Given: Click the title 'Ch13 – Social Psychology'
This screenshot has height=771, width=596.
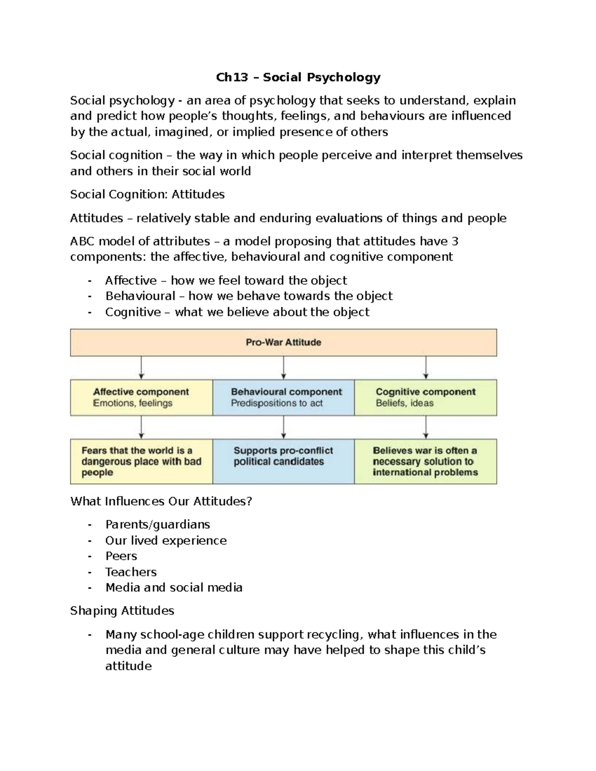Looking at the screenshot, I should point(298,77).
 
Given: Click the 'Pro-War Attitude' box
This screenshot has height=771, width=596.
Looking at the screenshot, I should point(283,343).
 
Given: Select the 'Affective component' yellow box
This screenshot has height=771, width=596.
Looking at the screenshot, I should point(142,397).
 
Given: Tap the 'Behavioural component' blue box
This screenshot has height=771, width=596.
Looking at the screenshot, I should point(284,397).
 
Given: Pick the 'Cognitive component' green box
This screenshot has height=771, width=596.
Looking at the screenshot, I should point(426,397).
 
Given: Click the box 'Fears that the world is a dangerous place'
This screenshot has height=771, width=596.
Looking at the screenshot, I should point(142,461).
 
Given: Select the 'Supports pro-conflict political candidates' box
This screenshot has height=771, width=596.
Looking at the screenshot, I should point(284,461).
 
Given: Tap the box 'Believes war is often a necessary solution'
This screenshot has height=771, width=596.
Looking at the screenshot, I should point(426,461).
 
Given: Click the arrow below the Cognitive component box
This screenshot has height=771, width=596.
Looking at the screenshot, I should point(426,427).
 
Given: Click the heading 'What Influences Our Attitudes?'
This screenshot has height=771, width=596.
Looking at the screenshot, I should point(161,501).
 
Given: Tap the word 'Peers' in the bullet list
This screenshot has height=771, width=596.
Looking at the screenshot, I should point(121,556).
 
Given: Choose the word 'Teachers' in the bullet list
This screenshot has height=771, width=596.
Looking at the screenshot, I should point(131,572).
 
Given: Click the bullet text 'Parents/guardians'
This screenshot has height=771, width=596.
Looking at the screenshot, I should point(157,525).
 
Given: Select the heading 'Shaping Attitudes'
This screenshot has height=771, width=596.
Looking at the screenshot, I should point(122,611).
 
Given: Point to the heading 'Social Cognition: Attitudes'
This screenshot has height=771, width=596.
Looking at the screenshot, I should point(148,195).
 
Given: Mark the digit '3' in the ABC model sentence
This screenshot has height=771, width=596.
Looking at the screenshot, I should point(454,242).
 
